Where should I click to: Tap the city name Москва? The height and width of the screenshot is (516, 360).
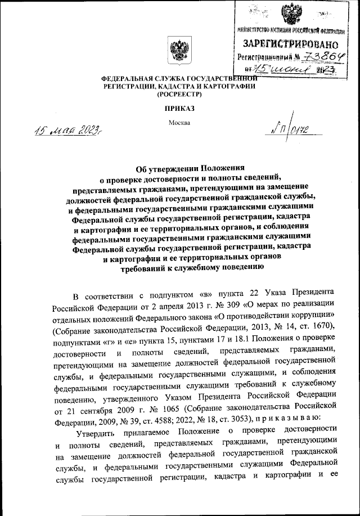pos(179,123)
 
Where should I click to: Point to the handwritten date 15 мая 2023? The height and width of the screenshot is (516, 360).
pos(61,133)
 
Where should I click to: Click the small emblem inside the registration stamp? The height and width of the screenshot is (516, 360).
pos(291,14)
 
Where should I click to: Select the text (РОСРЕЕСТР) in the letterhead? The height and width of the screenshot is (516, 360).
pos(178,95)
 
